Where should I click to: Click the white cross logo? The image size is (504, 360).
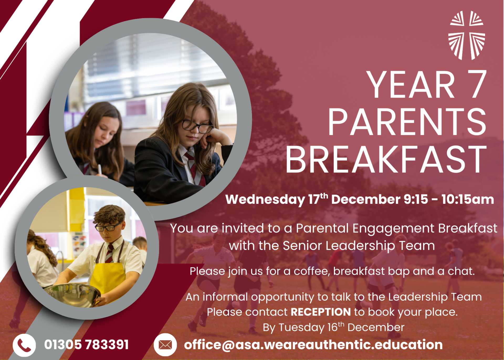pos(466,35)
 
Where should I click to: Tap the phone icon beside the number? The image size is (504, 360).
pos(24,345)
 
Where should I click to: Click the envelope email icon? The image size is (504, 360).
pos(165,345)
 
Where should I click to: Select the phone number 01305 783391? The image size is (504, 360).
pos(86,345)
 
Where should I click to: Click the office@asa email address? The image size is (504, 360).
pos(313,345)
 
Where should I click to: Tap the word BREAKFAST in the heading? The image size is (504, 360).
pos(386,159)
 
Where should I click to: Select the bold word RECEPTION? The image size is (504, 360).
pos(321,312)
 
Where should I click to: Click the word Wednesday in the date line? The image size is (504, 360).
pos(265,199)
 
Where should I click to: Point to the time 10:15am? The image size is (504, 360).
pos(468,199)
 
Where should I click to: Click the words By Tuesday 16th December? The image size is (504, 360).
pos(334,327)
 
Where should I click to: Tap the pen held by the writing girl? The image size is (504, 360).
pos(100,169)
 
